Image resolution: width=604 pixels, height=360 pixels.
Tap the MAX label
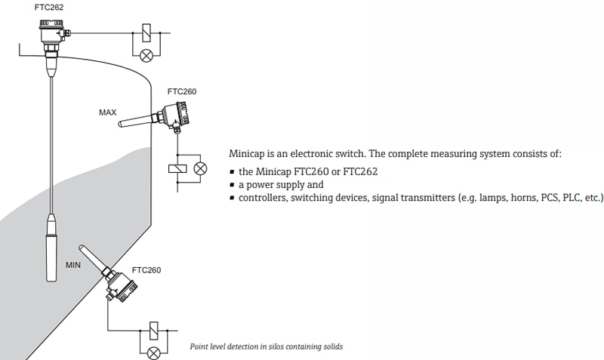(x=108, y=112)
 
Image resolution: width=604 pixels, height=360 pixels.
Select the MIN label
(x=73, y=265)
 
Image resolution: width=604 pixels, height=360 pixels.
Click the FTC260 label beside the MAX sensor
(x=182, y=91)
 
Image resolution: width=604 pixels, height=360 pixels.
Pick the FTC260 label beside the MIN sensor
(x=146, y=269)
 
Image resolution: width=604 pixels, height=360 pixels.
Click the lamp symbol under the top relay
(x=147, y=54)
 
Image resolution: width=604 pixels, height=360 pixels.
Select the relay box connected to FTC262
(x=147, y=33)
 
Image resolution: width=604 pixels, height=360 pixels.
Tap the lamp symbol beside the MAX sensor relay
(x=200, y=168)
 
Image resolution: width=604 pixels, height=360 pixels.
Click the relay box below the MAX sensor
(x=176, y=168)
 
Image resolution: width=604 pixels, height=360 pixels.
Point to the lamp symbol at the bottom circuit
(x=155, y=352)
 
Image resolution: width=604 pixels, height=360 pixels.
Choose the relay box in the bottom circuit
(x=155, y=331)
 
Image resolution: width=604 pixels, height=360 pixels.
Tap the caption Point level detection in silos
(x=266, y=347)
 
